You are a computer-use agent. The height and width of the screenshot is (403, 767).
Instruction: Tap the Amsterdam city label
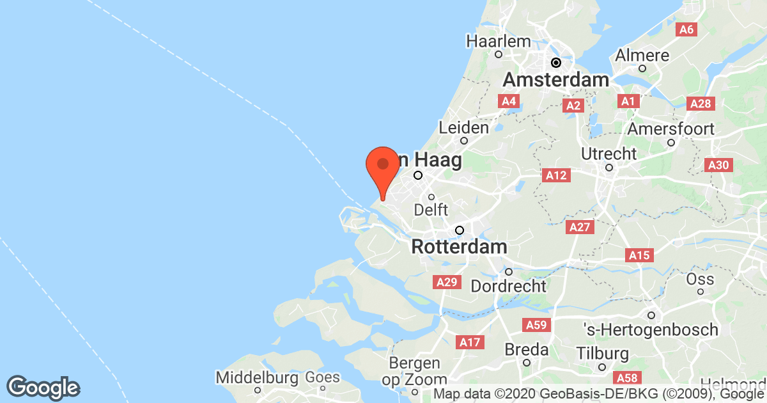[555, 80]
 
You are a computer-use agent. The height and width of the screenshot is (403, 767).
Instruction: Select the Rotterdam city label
[460, 246]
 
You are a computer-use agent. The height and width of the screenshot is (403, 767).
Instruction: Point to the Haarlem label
[499, 42]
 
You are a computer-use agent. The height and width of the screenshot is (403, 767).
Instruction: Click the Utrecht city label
[608, 154]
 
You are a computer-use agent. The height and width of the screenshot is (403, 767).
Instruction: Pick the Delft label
[431, 210]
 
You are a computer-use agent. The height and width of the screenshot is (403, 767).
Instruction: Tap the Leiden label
[464, 128]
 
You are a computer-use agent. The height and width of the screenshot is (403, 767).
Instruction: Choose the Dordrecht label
[509, 285]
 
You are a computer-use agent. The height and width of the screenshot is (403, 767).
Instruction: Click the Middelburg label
[257, 378]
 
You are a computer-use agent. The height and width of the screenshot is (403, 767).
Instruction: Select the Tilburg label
[602, 354]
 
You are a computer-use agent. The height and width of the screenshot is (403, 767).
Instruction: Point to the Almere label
[642, 56]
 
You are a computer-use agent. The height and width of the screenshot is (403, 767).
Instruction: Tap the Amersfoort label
[670, 129]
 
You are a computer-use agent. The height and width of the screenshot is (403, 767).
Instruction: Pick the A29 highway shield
[446, 282]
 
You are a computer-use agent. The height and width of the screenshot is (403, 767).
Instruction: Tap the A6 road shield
[687, 29]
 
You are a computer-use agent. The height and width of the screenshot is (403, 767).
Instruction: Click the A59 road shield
[536, 326]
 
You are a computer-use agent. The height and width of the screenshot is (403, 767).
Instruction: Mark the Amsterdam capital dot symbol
[557, 63]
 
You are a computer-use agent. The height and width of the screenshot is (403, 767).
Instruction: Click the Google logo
[43, 388]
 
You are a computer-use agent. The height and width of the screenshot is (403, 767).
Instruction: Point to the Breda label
[527, 350]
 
